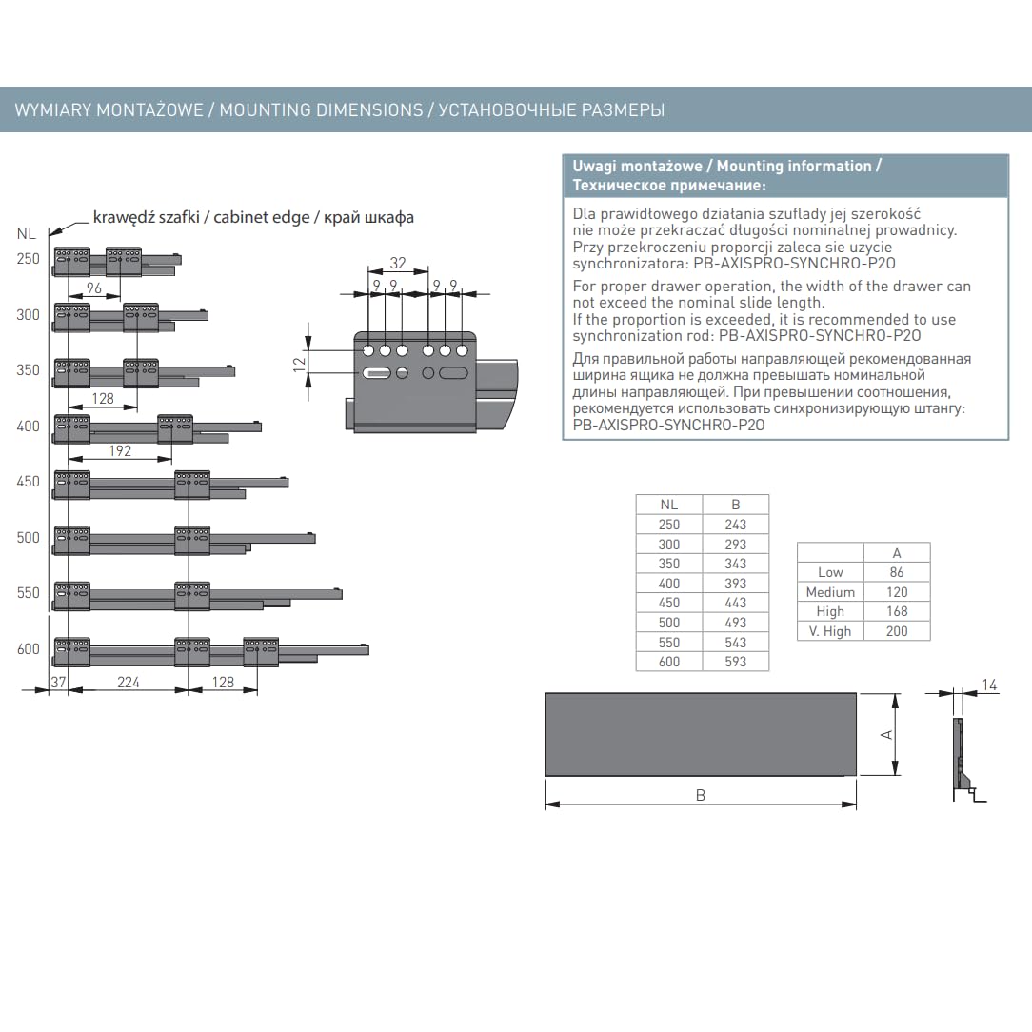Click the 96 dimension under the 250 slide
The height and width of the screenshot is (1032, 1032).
click(x=94, y=288)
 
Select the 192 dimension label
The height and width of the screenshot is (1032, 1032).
click(x=120, y=451)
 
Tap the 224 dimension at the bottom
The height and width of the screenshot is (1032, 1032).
click(x=129, y=683)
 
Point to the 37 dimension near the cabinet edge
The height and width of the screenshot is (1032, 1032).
click(x=59, y=683)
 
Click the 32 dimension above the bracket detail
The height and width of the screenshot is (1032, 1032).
click(x=398, y=264)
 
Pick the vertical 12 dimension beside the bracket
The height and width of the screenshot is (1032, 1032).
click(x=300, y=364)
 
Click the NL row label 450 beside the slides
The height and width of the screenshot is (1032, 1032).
click(x=29, y=482)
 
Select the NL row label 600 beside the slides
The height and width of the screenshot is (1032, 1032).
click(x=29, y=649)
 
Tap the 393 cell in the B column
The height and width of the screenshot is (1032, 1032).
click(x=736, y=584)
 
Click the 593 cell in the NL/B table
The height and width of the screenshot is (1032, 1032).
click(x=736, y=662)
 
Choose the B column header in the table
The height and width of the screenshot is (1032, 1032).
click(x=736, y=505)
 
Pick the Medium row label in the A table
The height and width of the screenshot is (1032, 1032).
click(x=830, y=592)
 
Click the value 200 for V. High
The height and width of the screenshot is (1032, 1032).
click(x=897, y=631)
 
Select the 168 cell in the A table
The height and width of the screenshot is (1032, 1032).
click(x=897, y=611)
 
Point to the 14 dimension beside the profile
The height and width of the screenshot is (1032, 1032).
click(x=989, y=685)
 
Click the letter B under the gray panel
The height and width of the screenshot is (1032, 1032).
click(x=701, y=796)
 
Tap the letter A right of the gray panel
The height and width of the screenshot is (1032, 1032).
click(x=886, y=735)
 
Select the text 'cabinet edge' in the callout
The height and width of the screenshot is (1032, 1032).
click(x=261, y=217)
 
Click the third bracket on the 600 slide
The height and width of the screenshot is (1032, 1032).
click(x=261, y=651)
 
